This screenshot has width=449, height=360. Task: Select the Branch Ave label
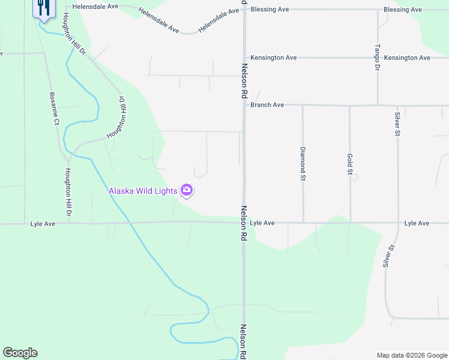pos(267,105)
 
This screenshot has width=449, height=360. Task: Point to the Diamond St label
pos(303,164)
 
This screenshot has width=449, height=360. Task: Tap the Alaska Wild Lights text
pos(143,191)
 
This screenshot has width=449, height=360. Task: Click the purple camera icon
pos(187,191)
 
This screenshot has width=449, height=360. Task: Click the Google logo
pos(20,353)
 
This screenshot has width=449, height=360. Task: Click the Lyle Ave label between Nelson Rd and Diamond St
pos(262,223)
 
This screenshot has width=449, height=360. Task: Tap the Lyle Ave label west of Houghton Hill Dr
pos(43,224)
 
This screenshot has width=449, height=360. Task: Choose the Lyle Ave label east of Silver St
pos(417,223)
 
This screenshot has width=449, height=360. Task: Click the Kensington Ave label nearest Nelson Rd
pos(274,58)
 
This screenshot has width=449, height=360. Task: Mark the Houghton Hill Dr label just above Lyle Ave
pos(68,191)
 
